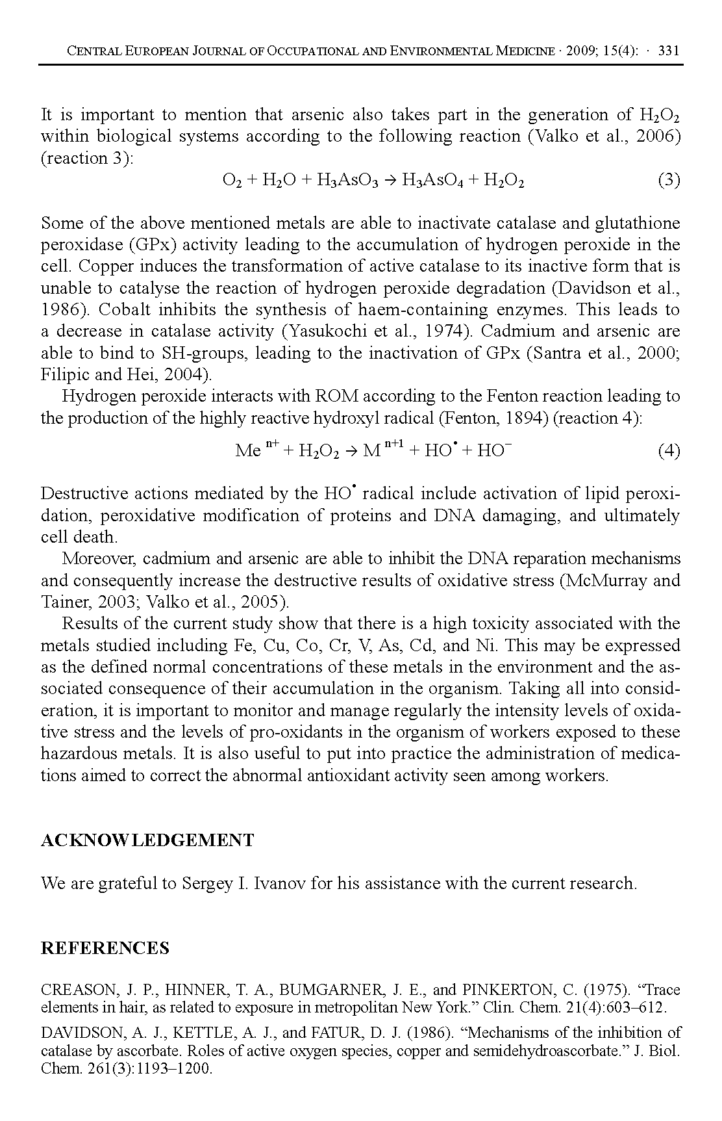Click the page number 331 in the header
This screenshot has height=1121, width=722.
668,51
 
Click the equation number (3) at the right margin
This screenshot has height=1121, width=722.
669,180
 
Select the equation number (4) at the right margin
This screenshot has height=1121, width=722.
669,450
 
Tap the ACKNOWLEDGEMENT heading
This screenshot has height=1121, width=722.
147,840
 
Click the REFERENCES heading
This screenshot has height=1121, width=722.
105,948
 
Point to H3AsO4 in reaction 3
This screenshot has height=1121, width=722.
431,181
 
